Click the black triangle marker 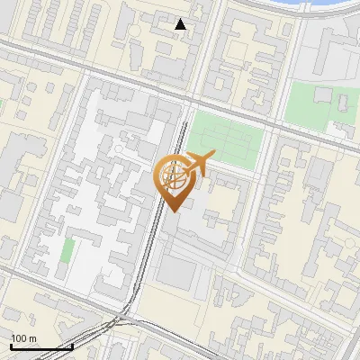(x=181, y=24)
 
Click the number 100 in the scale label (x=19, y=339)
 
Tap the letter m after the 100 (x=32, y=339)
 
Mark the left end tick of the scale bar (x=10, y=346)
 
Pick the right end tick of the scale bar (x=72, y=346)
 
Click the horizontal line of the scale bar (x=40, y=346)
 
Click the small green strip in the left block (x=67, y=250)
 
